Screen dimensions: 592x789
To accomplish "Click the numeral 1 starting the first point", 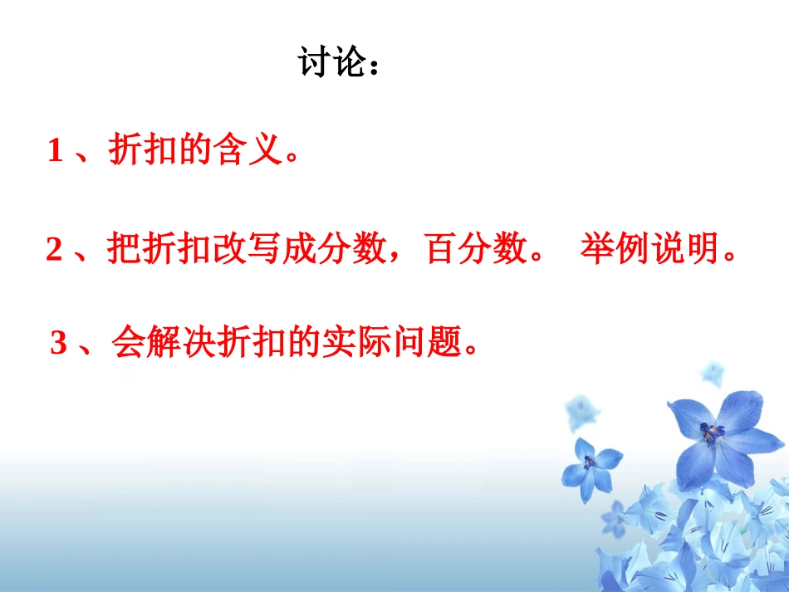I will (x=56, y=151).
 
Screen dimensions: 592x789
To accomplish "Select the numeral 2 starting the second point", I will (x=55, y=250).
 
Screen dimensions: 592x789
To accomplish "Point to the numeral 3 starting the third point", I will (x=58, y=343).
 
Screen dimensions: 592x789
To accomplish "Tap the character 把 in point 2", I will (x=125, y=250).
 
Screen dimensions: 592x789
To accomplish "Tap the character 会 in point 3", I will (x=127, y=343).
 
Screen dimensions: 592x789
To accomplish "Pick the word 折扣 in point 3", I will (x=249, y=343).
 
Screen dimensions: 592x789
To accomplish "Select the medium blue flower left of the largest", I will (x=591, y=463).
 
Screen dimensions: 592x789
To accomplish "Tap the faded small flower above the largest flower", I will (x=712, y=373).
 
